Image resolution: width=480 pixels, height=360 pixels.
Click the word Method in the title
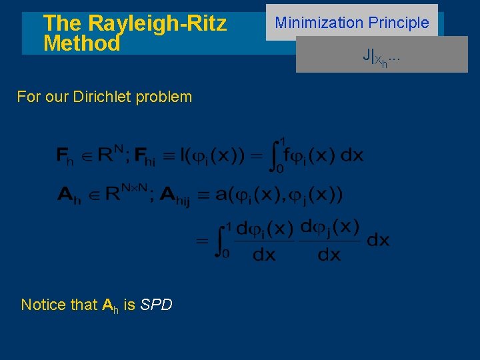click(81, 44)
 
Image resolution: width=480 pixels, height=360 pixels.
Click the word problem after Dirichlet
click(163, 97)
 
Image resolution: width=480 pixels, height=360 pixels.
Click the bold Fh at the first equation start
click(65, 157)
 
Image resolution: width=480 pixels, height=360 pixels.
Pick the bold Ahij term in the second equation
click(174, 196)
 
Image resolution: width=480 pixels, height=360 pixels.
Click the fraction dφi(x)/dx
click(265, 241)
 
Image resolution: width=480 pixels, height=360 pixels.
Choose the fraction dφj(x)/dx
click(329, 241)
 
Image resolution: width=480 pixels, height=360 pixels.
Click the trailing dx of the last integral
click(378, 240)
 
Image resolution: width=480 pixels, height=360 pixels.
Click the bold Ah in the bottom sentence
click(110, 306)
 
